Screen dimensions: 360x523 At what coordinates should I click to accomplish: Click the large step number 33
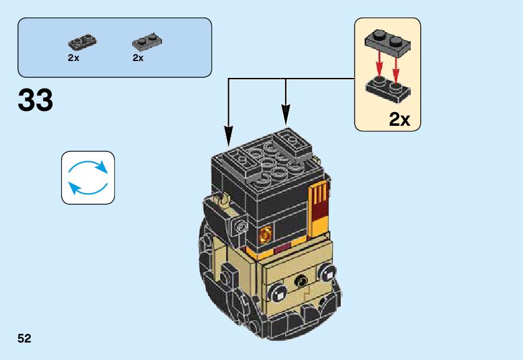(x=36, y=101)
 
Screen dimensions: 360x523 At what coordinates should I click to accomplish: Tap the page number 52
(x=24, y=338)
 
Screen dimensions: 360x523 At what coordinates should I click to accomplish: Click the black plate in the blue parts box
(x=82, y=42)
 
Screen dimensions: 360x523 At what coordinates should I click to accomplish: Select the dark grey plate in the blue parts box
(x=147, y=42)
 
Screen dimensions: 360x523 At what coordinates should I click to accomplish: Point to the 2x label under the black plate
(x=74, y=57)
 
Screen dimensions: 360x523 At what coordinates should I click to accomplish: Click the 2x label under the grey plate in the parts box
(x=138, y=57)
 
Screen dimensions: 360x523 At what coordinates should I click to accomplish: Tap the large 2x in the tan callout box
(x=400, y=119)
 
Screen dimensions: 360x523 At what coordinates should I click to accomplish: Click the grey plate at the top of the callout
(x=388, y=42)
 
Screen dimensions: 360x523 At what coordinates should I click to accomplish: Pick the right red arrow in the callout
(x=395, y=69)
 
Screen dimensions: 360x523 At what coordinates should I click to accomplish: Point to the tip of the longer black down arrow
(x=229, y=138)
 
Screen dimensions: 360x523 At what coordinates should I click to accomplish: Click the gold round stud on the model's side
(x=266, y=235)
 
